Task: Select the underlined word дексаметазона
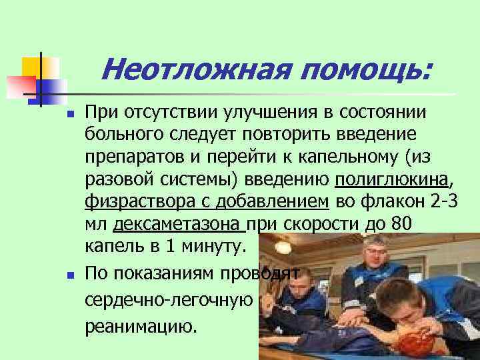pyautogui.click(x=181, y=225)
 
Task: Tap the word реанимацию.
pyautogui.click(x=141, y=327)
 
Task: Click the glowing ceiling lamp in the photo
pyautogui.click(x=283, y=247)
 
